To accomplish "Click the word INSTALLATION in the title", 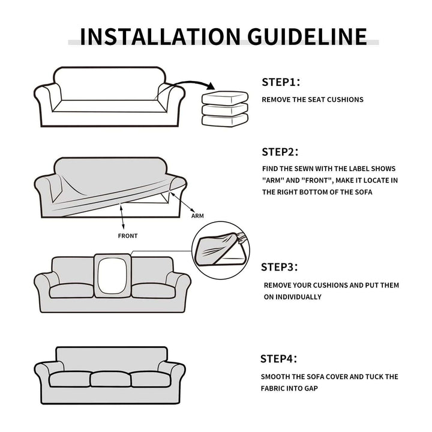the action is pyautogui.click(x=160, y=37).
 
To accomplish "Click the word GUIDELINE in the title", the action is pyautogui.click(x=307, y=37).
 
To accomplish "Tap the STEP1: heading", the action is pyautogui.click(x=281, y=82).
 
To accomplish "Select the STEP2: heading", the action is pyautogui.click(x=280, y=152).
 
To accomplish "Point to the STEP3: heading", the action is pyautogui.click(x=280, y=267).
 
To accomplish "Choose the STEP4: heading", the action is pyautogui.click(x=279, y=359).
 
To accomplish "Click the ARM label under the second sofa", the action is pyautogui.click(x=197, y=216).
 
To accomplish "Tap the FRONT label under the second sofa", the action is pyautogui.click(x=128, y=236).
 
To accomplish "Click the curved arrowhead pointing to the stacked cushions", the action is pyautogui.click(x=211, y=86).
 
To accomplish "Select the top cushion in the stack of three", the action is pyautogui.click(x=225, y=98).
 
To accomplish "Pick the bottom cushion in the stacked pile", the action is pyautogui.click(x=225, y=121).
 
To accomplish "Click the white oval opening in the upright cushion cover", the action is pyautogui.click(x=112, y=276).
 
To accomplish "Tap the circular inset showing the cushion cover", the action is pyautogui.click(x=221, y=250).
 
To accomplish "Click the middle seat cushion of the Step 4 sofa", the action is pyautogui.click(x=110, y=379).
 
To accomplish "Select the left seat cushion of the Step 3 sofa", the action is pyautogui.click(x=71, y=290).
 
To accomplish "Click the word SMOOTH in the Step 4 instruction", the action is pyautogui.click(x=273, y=377).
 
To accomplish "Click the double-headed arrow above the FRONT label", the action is pyautogui.click(x=122, y=217).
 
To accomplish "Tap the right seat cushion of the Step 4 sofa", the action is pyautogui.click(x=151, y=379).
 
